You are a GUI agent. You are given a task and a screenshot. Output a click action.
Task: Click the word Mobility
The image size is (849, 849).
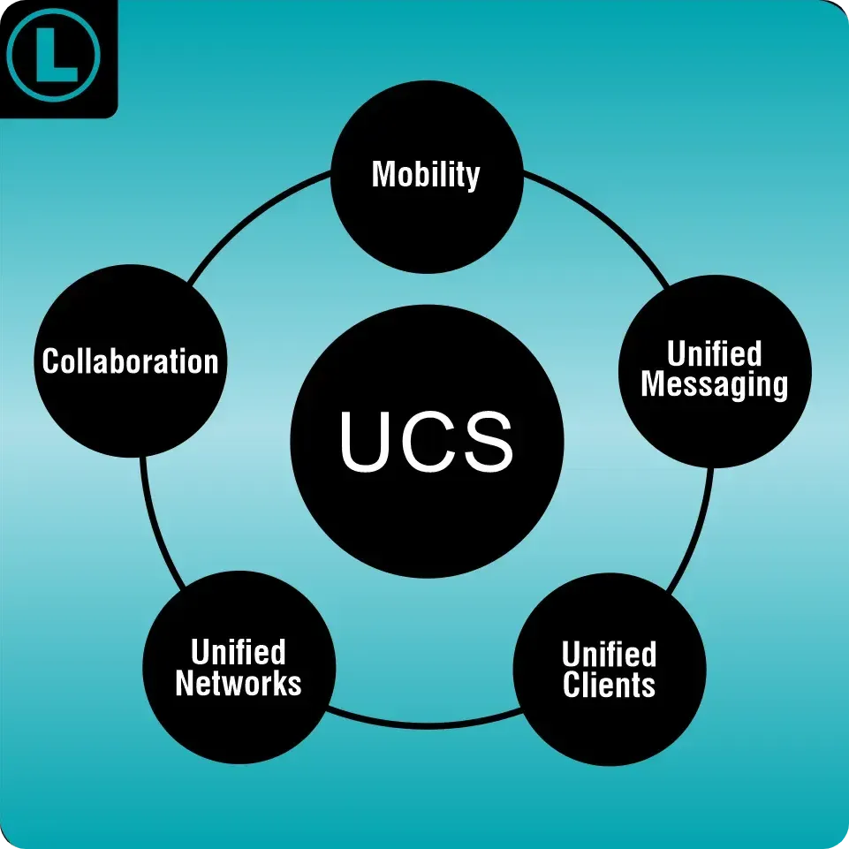pyautogui.click(x=426, y=174)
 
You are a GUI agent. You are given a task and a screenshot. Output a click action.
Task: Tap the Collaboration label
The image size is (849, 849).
pyautogui.click(x=130, y=361)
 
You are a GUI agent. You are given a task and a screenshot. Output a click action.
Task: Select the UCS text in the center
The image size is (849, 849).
pyautogui.click(x=427, y=442)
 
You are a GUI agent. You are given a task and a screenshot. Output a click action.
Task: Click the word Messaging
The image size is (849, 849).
pyautogui.click(x=714, y=385)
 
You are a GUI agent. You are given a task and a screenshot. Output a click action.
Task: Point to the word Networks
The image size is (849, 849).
pyautogui.click(x=239, y=683)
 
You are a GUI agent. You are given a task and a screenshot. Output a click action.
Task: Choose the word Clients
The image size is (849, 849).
pyautogui.click(x=610, y=685)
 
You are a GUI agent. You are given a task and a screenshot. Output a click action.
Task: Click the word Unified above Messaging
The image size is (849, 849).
pyautogui.click(x=714, y=353)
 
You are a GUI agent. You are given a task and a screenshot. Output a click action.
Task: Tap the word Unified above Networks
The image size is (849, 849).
pyautogui.click(x=239, y=653)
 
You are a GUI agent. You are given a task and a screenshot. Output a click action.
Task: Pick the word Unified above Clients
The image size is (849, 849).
pyautogui.click(x=610, y=655)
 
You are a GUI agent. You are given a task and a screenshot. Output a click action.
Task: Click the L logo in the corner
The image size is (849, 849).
pyautogui.click(x=54, y=55)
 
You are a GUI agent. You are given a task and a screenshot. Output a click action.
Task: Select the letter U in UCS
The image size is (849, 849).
pyautogui.click(x=368, y=442)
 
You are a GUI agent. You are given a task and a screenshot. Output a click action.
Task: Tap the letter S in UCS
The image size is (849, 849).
pyautogui.click(x=485, y=442)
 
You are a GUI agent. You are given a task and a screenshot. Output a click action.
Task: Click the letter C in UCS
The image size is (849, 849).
pyautogui.click(x=426, y=442)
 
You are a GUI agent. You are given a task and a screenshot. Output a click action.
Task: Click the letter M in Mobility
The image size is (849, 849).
pyautogui.click(x=383, y=174)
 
